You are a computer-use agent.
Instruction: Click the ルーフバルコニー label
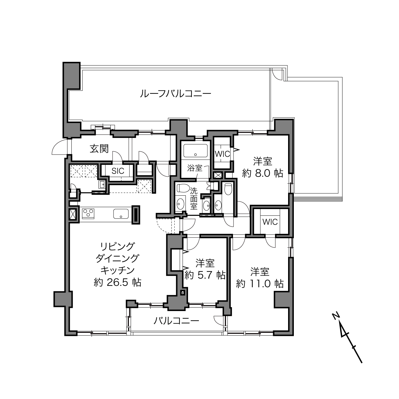(176, 94)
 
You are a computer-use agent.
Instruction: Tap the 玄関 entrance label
(99, 149)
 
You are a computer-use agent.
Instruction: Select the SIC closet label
(118, 171)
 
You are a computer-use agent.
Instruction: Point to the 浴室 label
(195, 168)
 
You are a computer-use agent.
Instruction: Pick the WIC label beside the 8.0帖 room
(222, 154)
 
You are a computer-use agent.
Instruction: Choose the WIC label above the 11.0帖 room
(270, 222)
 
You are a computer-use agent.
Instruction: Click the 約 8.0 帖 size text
(263, 173)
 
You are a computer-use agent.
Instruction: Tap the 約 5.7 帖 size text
(205, 275)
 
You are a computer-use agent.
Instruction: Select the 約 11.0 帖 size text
(260, 284)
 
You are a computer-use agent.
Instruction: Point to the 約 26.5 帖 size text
(118, 282)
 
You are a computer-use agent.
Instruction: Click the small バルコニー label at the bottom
(176, 321)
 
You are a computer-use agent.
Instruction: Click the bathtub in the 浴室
(195, 150)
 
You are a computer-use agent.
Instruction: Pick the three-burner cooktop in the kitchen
(88, 214)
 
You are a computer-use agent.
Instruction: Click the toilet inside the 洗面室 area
(183, 188)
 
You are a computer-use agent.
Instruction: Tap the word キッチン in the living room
(118, 270)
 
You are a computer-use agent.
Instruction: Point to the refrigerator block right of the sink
(136, 214)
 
